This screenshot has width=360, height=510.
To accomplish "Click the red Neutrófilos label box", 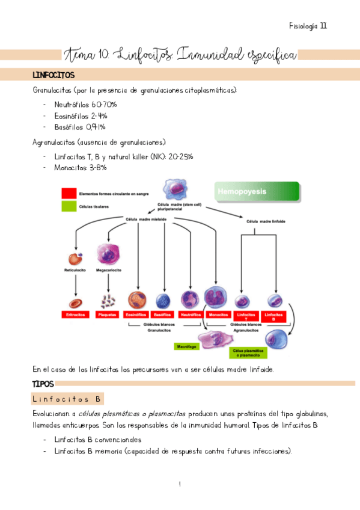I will [x=190, y=315].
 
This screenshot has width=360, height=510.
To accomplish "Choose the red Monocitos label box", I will [x=216, y=315].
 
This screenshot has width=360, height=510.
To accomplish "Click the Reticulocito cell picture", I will [x=75, y=259].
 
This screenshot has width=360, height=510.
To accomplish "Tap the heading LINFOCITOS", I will [x=53, y=76].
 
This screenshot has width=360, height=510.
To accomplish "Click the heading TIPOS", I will [x=43, y=384].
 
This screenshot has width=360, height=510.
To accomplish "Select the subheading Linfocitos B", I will [x=67, y=399].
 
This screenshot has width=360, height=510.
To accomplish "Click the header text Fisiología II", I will [x=307, y=26].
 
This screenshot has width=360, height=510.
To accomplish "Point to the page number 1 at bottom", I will [x=180, y=485].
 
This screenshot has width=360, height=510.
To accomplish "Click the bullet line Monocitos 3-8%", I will [x=80, y=168].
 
